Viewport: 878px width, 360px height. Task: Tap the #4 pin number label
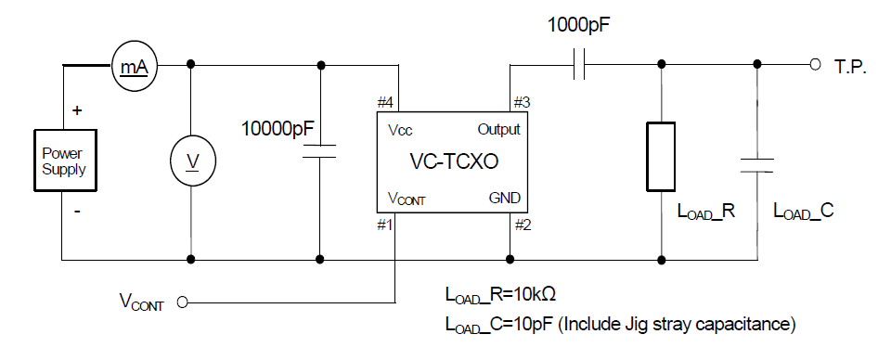pyautogui.click(x=384, y=103)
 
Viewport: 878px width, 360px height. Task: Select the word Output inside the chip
pyautogui.click(x=498, y=129)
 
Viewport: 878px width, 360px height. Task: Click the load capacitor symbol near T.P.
pyautogui.click(x=757, y=164)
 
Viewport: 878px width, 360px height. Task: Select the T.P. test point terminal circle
pyautogui.click(x=814, y=65)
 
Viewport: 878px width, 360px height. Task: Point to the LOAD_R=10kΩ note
pyautogui.click(x=500, y=295)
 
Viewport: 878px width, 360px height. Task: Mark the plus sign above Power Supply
pyautogui.click(x=77, y=109)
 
